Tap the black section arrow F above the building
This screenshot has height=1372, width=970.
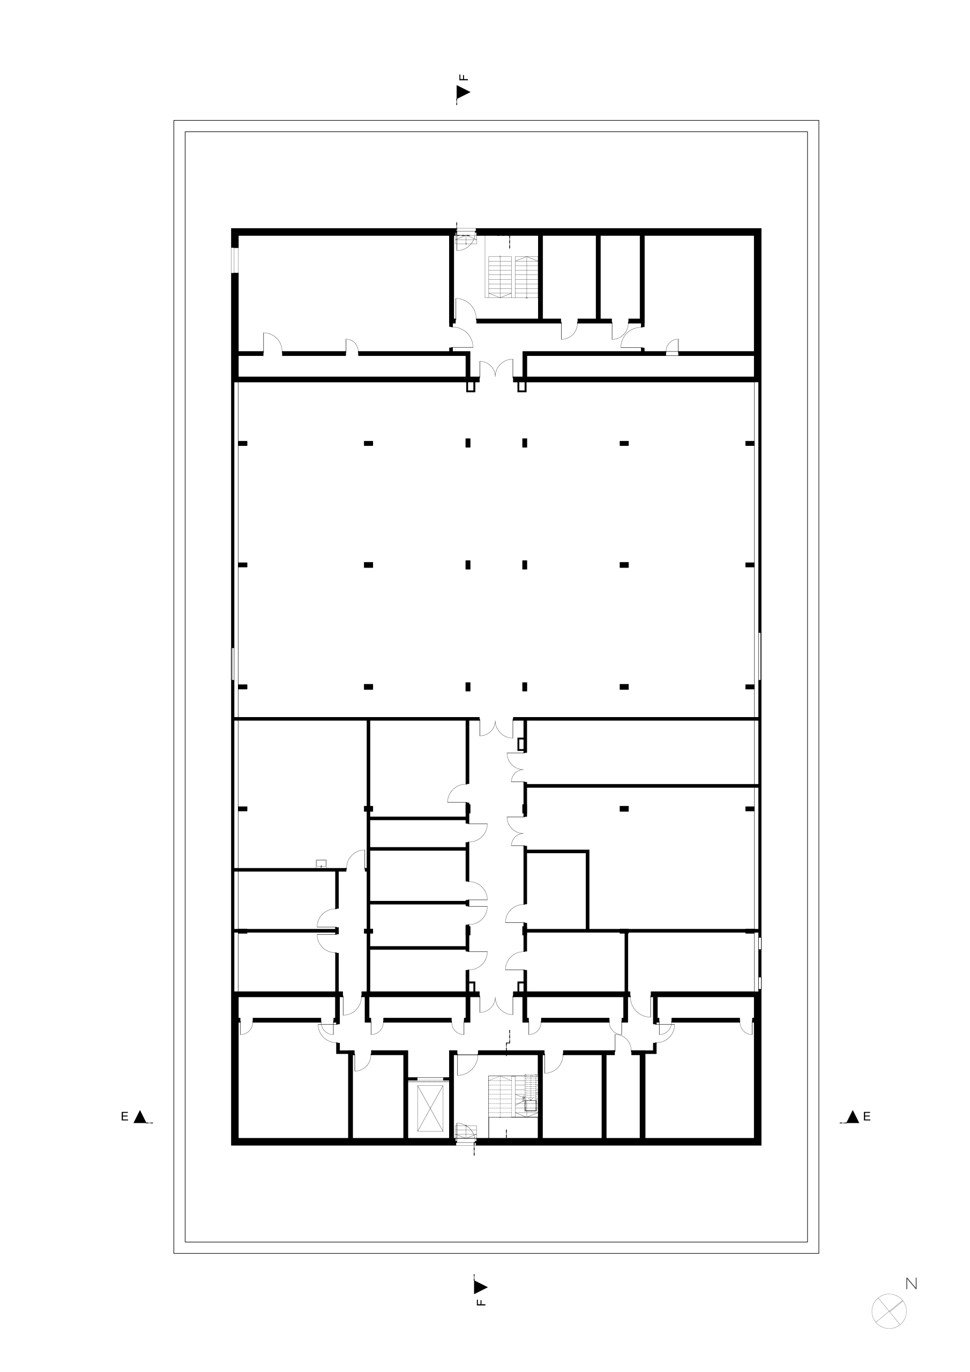(x=463, y=92)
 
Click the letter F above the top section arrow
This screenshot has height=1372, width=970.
(x=463, y=77)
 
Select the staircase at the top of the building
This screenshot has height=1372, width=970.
(x=513, y=277)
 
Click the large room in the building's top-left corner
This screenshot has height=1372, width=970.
(x=344, y=293)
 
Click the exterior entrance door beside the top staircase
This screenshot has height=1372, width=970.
(x=465, y=241)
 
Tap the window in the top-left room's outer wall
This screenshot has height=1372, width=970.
(x=235, y=260)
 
